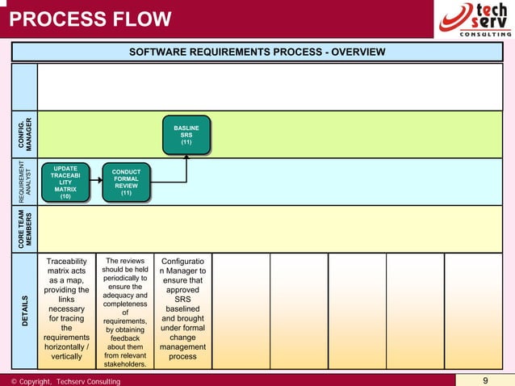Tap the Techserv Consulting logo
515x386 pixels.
475,19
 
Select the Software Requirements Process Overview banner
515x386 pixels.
257,52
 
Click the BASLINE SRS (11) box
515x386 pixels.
186,135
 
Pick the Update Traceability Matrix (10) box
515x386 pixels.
65,183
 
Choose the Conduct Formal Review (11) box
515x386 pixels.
126,183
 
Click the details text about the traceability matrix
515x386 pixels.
66,308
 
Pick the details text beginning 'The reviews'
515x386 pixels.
125,312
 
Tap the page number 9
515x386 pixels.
485,380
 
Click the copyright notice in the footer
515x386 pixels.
65,381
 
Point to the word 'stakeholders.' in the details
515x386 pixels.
125,363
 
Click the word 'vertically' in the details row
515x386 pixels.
66,356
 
